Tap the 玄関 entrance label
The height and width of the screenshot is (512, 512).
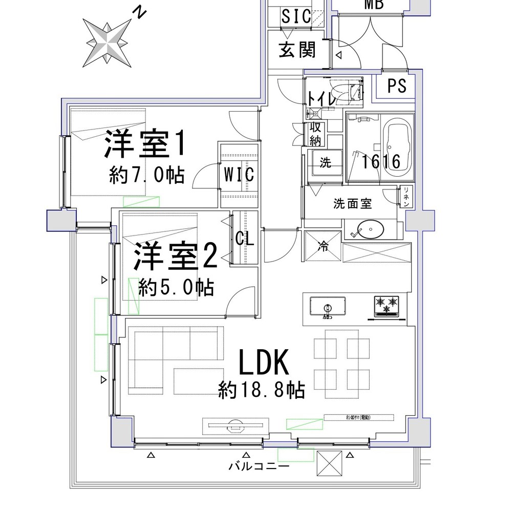pos(296,50)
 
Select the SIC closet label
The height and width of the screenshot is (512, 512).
pos(296,16)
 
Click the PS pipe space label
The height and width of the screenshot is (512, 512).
pos(397,86)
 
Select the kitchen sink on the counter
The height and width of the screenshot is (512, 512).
pos(328,308)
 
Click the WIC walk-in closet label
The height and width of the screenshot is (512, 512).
pos(239,174)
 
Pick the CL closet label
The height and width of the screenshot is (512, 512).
pos(245,239)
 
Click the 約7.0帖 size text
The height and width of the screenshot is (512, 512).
pos(146,175)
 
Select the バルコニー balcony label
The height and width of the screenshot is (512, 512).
pos(259,466)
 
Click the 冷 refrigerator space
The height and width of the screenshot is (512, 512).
pos(322,246)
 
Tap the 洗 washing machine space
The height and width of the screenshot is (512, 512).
pos(326,163)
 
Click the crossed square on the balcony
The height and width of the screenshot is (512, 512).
pos(329,463)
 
